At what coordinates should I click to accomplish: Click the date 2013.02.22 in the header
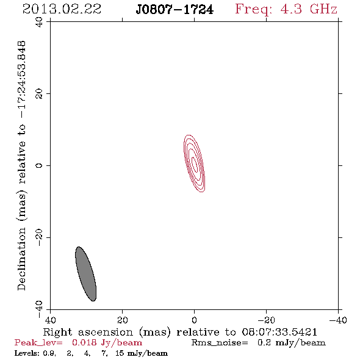[x=62, y=9]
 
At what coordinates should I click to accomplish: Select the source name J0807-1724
[x=175, y=10]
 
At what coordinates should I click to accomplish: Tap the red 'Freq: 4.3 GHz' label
[x=286, y=10]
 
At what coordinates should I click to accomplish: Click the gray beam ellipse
[x=85, y=274]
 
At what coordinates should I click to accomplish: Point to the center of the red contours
[x=194, y=164]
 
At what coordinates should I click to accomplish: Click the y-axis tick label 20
[x=39, y=94]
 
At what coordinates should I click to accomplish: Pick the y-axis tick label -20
[x=39, y=237]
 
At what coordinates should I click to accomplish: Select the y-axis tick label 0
[x=39, y=165]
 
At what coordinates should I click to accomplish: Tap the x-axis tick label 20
[x=122, y=320]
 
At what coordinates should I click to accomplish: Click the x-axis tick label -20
[x=266, y=320]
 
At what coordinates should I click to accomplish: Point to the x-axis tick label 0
[x=195, y=320]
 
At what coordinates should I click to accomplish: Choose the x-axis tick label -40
[x=338, y=320]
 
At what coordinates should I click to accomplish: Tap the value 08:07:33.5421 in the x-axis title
[x=279, y=332]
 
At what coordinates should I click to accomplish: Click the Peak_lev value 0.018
[x=84, y=343]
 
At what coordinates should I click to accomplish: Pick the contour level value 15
[x=120, y=353]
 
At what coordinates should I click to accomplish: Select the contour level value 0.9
[x=49, y=353]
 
